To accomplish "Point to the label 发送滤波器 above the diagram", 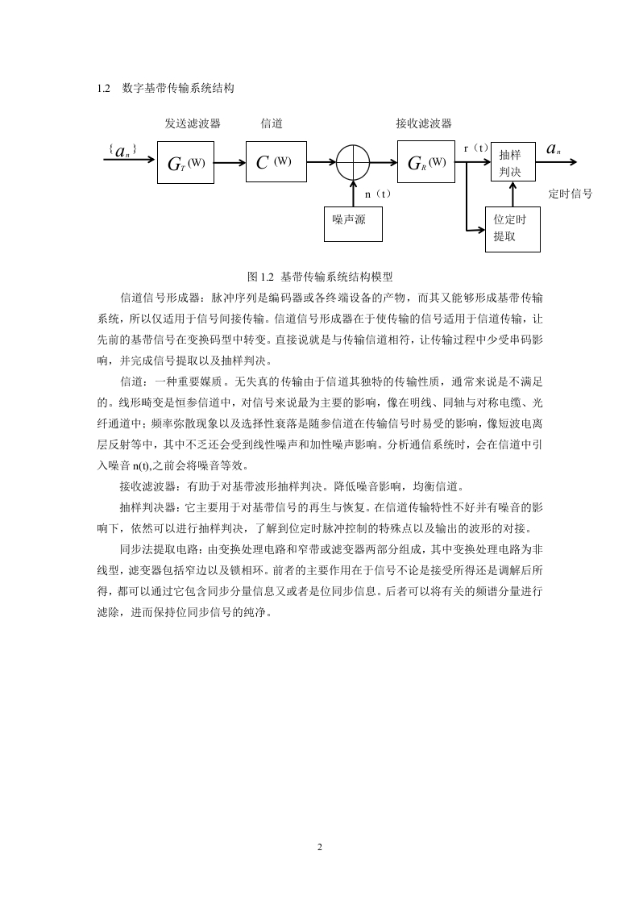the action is click(193, 123).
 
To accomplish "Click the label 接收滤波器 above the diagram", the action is click(424, 123).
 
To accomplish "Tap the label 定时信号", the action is click(571, 194).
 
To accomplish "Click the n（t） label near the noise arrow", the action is click(379, 194).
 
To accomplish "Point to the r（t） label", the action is click(476, 148).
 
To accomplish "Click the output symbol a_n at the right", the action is click(554, 149).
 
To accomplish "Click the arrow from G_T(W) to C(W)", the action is click(230, 163).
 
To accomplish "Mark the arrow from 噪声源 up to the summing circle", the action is click(353, 193).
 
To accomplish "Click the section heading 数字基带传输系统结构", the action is click(178, 88).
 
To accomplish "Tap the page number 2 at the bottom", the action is click(320, 847).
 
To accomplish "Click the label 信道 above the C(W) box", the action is click(272, 123).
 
